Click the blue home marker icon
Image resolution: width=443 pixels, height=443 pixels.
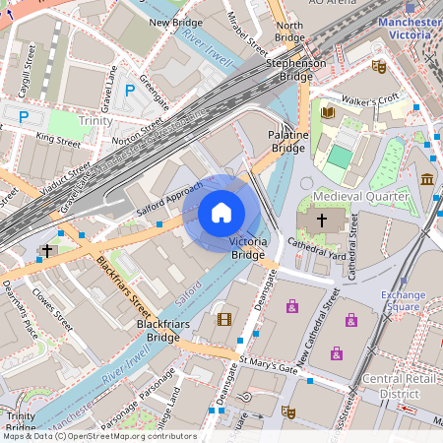click(x=221, y=212)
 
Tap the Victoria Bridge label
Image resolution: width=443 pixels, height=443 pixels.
click(x=247, y=247)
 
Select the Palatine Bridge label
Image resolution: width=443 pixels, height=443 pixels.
click(x=288, y=141)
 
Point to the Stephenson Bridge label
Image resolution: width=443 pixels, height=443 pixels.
click(x=296, y=69)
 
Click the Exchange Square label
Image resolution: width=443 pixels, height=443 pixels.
click(x=403, y=301)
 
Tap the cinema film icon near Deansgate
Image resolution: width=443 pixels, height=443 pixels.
click(x=224, y=318)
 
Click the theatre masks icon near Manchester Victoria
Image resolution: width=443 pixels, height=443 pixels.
click(x=379, y=67)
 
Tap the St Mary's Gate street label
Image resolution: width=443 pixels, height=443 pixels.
click(x=269, y=366)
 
